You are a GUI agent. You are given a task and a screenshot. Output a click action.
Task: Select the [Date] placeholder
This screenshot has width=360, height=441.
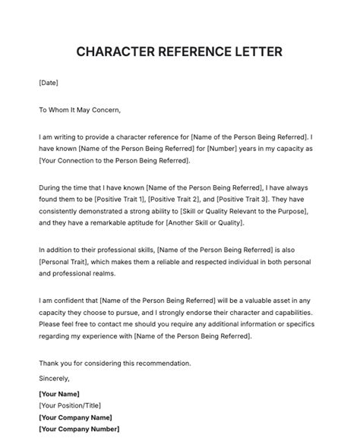pyautogui.click(x=48, y=82)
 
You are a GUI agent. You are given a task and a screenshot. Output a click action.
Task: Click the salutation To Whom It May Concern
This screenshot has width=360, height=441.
pyautogui.click(x=80, y=109)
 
